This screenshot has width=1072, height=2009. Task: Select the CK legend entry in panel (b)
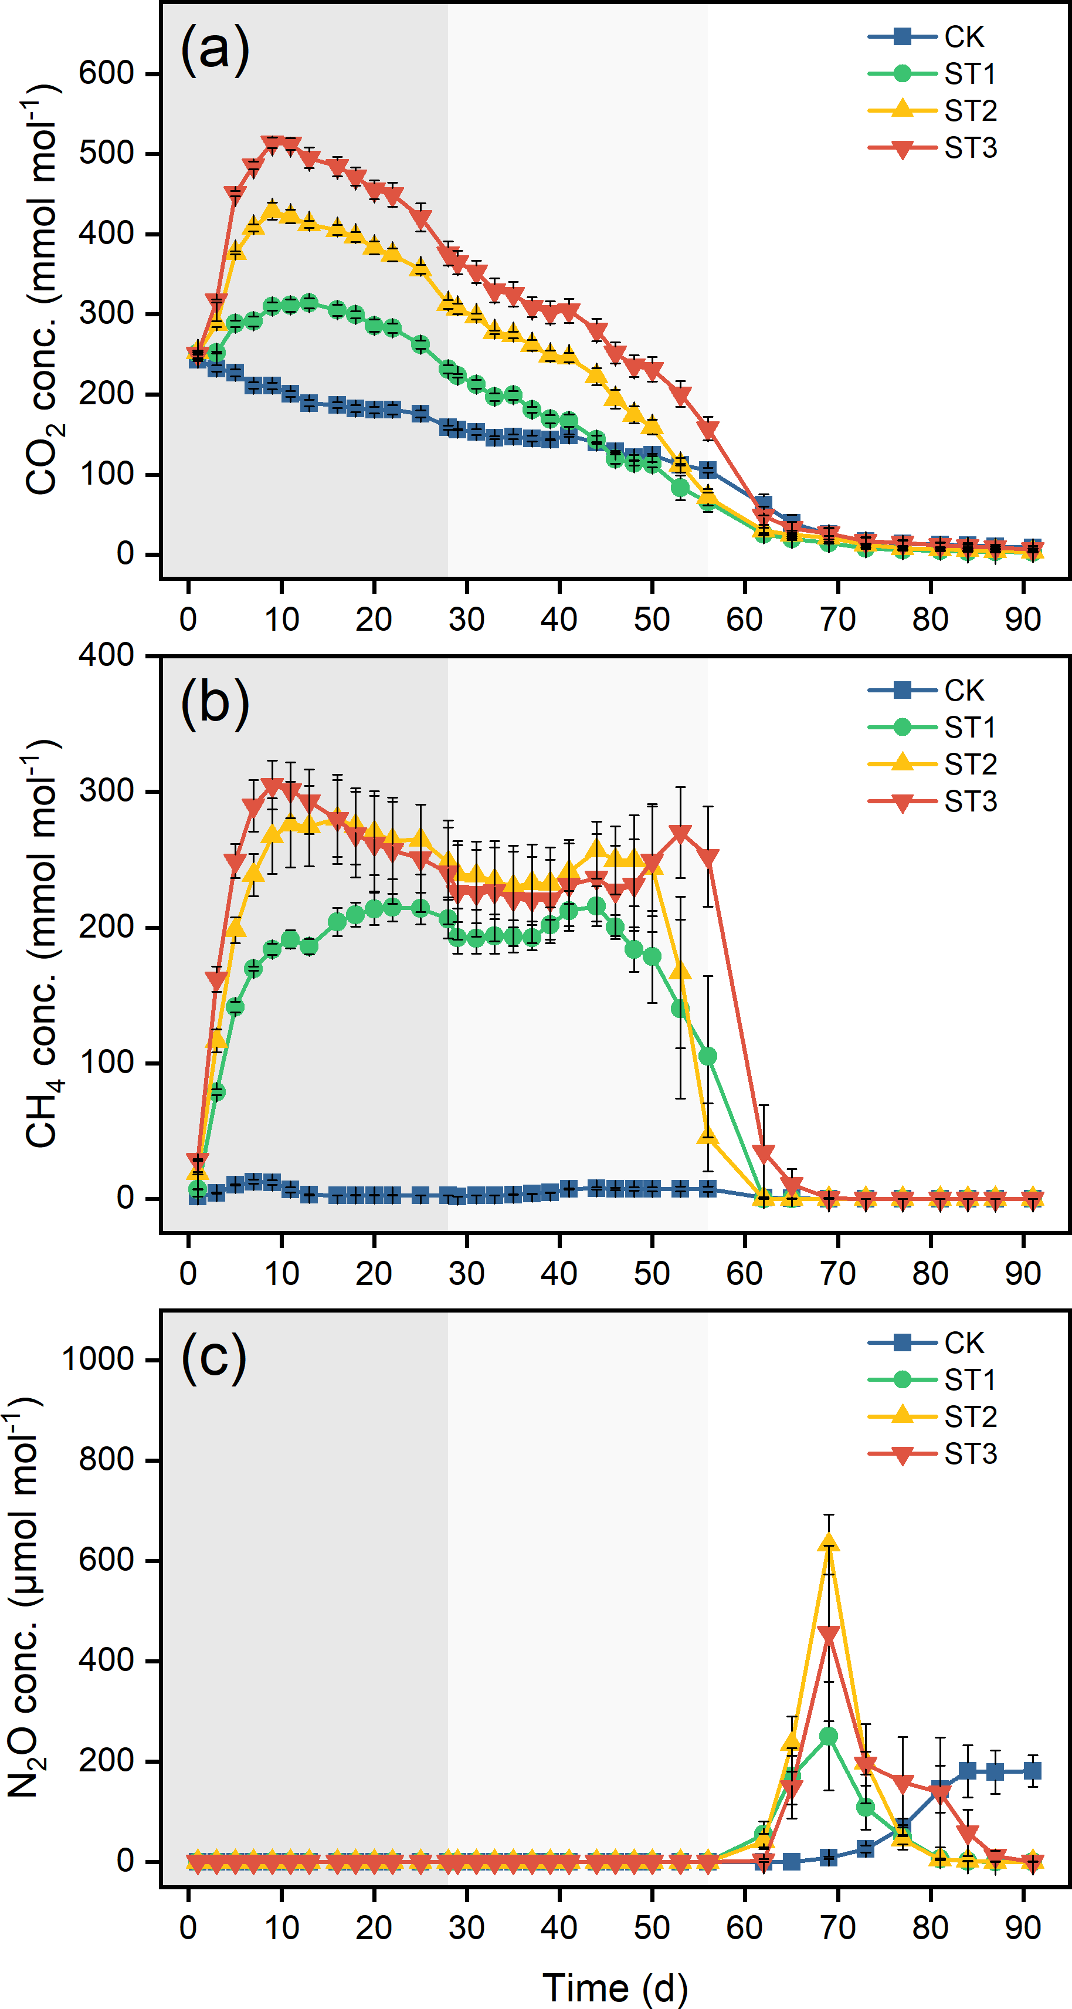click(926, 690)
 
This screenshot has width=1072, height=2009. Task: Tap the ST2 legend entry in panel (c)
click(932, 1416)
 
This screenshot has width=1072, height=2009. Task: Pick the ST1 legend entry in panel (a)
click(932, 74)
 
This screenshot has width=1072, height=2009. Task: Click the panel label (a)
click(215, 50)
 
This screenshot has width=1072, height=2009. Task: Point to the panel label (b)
click(215, 704)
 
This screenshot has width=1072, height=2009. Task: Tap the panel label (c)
click(213, 1357)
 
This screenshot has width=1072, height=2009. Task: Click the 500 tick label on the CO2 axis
click(107, 153)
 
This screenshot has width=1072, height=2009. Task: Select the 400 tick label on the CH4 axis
click(107, 655)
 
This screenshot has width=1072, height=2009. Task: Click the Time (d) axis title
click(615, 1987)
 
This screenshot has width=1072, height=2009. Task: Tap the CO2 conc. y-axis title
click(43, 289)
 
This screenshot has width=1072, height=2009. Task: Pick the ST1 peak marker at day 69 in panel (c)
click(829, 1737)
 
